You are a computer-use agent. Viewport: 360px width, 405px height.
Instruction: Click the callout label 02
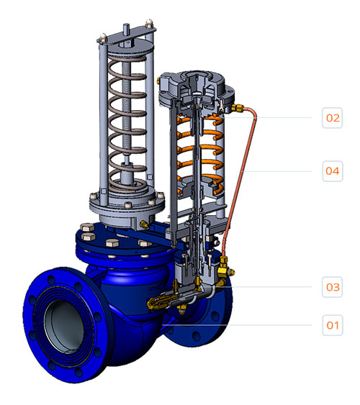click(x=333, y=118)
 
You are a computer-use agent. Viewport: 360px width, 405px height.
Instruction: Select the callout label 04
click(x=333, y=171)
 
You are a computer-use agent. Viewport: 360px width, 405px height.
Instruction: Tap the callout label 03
click(x=333, y=287)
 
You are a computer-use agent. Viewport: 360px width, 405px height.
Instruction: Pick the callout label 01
click(x=333, y=325)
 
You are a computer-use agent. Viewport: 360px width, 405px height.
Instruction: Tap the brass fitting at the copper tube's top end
click(x=237, y=108)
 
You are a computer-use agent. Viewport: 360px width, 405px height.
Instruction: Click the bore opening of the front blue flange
click(x=64, y=327)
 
